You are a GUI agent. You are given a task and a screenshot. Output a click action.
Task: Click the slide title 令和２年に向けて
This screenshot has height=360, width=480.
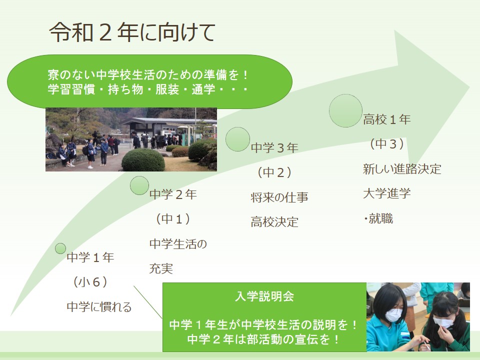click(x=132, y=32)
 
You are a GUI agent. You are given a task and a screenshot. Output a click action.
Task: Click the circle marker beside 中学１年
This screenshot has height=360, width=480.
click(x=60, y=248)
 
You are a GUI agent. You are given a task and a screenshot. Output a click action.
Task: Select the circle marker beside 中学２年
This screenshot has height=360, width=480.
click(x=139, y=185)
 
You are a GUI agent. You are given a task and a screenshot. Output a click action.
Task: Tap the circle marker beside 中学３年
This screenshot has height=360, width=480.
click(x=238, y=139)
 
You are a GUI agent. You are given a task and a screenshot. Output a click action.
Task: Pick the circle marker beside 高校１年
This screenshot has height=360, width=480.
click(x=345, y=110)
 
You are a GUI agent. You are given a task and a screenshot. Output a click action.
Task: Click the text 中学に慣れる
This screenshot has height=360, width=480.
click(x=99, y=306)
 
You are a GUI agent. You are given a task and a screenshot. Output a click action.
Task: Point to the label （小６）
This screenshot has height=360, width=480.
click(x=90, y=282)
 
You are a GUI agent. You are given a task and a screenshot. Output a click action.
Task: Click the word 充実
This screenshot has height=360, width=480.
click(x=161, y=268)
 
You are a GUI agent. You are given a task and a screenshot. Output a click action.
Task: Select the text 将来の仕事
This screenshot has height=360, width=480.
click(x=279, y=197)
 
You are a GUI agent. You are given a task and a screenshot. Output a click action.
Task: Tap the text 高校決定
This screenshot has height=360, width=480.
click(x=274, y=222)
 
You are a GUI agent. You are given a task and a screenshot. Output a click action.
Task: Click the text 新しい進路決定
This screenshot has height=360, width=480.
click(x=402, y=169)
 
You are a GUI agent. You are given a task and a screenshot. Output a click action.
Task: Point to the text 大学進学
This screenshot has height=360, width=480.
click(x=387, y=193)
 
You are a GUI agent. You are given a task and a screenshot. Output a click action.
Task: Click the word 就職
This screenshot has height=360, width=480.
click(x=381, y=218)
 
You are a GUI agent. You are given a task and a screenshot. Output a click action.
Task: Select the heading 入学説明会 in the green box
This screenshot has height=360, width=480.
click(x=264, y=296)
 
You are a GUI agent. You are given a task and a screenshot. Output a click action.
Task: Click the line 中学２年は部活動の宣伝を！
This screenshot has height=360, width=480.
click(x=264, y=339)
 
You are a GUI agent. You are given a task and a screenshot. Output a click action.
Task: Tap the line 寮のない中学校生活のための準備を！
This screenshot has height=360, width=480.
click(x=149, y=74)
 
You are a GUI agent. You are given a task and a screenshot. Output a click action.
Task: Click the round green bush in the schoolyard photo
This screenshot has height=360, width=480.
click(x=143, y=160)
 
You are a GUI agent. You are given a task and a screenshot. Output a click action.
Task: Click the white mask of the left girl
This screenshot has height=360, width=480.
click(x=393, y=315)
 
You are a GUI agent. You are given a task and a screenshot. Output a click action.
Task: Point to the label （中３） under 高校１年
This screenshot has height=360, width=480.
click(x=387, y=144)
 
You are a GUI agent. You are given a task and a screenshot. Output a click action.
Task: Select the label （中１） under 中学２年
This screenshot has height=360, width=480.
click(x=173, y=219)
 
